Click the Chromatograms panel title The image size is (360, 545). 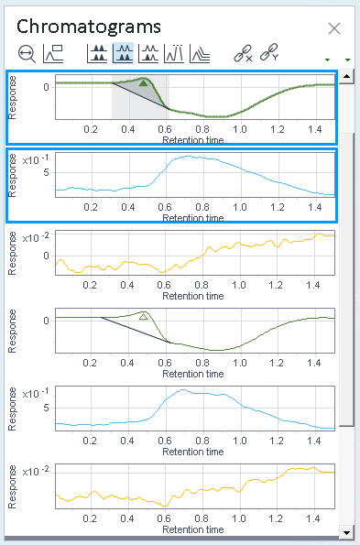pos(89,27)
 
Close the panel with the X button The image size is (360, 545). pos(334,28)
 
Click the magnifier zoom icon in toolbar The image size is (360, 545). pos(27,54)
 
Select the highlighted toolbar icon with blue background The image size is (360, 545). pos(123,53)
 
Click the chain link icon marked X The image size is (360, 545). pos(243,53)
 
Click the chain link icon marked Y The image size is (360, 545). pos(269,52)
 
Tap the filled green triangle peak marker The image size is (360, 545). pos(144,82)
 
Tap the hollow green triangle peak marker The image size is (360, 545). pos(143,317)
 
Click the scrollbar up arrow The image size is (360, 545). pos(346,76)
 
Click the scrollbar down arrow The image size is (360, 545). pos(346,532)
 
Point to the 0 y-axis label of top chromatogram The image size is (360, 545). pos(46,87)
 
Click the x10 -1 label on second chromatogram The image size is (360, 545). pos(36,160)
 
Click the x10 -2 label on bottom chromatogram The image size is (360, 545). pos(36,472)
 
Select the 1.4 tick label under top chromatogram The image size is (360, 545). pos(315,129)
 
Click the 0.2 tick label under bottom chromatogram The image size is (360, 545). pos(90,518)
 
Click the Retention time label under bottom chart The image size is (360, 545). pos(193,529)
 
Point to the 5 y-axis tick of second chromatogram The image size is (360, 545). pos(46,173)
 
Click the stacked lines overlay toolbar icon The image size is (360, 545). pos(200,54)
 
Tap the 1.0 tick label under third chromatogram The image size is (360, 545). pos(239,285)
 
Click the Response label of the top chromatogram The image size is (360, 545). pos(12,98)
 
